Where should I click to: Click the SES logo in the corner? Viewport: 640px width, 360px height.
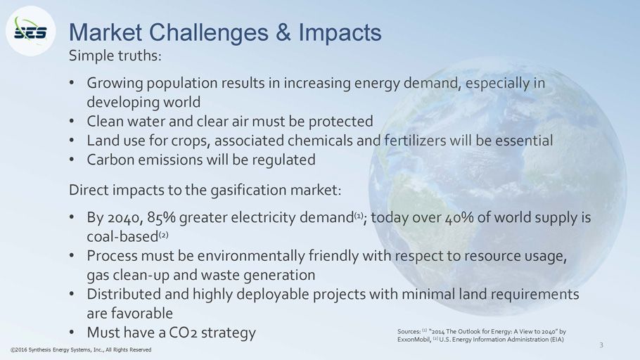[x=30, y=31]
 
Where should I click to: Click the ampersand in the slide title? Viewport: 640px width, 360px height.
[x=283, y=32]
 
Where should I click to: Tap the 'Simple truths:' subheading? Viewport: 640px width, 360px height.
[x=115, y=56]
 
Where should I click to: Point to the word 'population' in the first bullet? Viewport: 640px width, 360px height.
[x=181, y=84]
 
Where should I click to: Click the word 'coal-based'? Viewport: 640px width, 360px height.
[x=122, y=237]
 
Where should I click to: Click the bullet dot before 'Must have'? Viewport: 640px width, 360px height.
[x=72, y=333]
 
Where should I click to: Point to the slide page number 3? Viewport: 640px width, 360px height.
[x=601, y=345]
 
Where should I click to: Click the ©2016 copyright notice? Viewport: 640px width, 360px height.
[x=81, y=349]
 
